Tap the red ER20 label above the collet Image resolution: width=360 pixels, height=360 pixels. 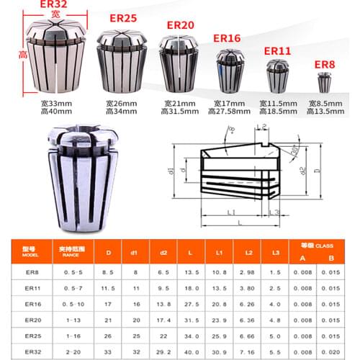tap(181, 25)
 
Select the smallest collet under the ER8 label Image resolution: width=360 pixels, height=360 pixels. tap(322, 84)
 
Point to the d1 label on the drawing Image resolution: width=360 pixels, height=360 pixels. tap(172, 172)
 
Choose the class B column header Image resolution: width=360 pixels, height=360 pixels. tap(330, 258)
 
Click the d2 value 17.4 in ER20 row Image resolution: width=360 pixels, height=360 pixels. tap(163, 320)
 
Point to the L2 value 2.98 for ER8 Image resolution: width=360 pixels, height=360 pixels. tap(246, 272)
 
